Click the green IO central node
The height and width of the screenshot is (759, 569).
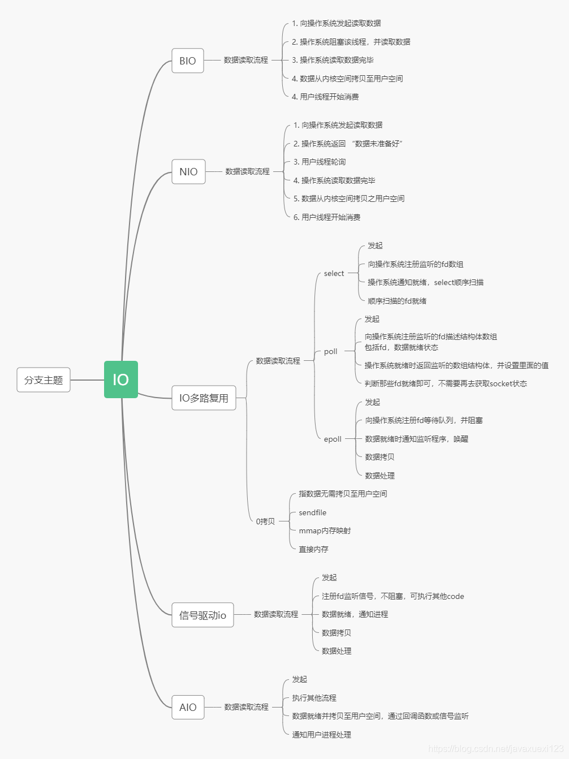(x=120, y=379)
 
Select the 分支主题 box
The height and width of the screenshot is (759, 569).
(x=44, y=380)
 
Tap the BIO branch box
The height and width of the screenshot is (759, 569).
(x=187, y=61)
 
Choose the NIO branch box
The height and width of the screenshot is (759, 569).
(x=188, y=171)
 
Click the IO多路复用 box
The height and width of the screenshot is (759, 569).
(x=204, y=398)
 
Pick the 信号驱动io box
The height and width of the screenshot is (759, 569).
(x=202, y=615)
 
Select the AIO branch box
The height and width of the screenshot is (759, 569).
(x=188, y=707)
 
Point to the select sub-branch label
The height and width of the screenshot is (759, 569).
(x=334, y=274)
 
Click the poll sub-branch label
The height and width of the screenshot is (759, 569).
(x=330, y=352)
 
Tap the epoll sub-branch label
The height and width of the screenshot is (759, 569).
(x=333, y=439)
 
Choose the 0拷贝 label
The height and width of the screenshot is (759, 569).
(x=265, y=521)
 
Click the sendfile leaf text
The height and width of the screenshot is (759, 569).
(x=312, y=512)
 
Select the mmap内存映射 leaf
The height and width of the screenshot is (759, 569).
(x=325, y=531)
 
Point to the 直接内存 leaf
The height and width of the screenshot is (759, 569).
(x=313, y=549)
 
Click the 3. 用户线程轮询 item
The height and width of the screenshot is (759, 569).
(x=320, y=162)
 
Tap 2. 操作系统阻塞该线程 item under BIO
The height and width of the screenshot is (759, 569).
(x=351, y=42)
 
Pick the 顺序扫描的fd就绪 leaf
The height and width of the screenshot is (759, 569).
(x=397, y=301)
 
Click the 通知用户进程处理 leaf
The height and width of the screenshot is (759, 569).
(x=321, y=735)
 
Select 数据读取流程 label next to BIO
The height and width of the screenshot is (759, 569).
(x=245, y=60)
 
